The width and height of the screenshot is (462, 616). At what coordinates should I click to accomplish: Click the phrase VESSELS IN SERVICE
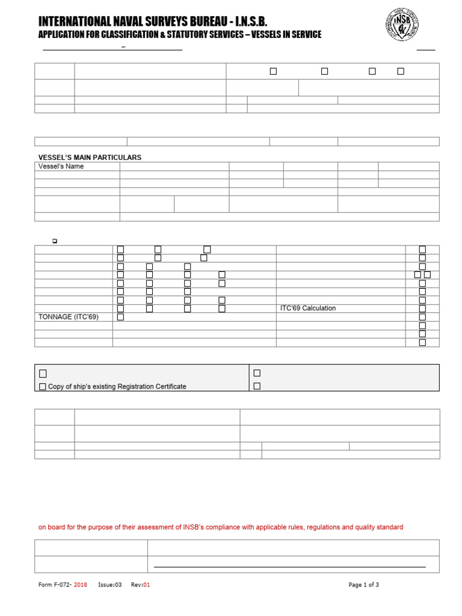tap(283, 35)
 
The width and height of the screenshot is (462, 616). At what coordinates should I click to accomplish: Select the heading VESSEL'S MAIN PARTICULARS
tap(90, 158)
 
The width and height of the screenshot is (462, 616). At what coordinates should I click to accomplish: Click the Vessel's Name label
tap(61, 167)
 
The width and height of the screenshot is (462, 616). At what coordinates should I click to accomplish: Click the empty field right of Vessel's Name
tap(174, 167)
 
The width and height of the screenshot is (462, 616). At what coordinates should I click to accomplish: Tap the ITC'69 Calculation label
tap(308, 309)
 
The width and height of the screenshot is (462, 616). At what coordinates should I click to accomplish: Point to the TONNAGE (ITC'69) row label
tap(68, 317)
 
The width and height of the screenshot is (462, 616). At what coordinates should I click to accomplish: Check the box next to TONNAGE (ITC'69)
tap(120, 317)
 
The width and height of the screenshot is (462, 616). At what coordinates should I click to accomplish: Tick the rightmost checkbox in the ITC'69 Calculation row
tap(422, 309)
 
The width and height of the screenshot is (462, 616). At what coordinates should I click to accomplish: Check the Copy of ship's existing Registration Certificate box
tap(42, 387)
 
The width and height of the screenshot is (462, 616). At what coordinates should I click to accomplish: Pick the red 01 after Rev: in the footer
tap(146, 585)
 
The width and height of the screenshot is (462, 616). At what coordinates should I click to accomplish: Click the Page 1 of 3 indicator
tap(363, 585)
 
